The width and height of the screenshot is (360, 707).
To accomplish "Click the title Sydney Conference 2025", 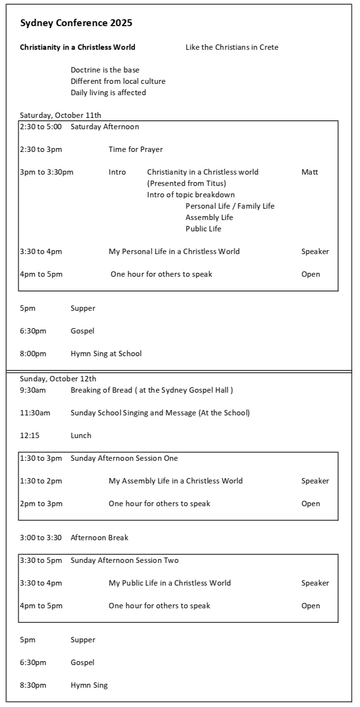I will tap(76, 23).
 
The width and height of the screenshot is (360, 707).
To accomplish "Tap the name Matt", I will tap(310, 172).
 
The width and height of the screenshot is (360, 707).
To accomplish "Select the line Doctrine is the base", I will tap(105, 70).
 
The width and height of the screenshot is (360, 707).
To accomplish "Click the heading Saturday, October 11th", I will tap(60, 115).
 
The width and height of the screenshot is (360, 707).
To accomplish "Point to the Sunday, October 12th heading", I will tap(58, 379).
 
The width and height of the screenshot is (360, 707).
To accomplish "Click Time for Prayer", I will tap(136, 149).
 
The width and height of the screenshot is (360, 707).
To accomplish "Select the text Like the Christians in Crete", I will tap(232, 47).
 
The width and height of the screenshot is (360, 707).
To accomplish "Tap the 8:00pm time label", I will tap(33, 354).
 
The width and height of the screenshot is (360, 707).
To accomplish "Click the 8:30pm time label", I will tap(33, 685).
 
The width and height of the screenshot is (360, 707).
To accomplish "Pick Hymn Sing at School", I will tap(106, 354).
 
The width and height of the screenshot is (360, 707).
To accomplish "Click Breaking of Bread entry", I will tap(151, 390).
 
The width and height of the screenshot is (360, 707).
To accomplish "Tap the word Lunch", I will tap(81, 436).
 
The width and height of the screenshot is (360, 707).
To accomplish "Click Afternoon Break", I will tap(99, 538).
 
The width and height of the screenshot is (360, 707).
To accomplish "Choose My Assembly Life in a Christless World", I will tap(176, 481).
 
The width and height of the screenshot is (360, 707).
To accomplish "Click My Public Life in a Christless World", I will tap(170, 583).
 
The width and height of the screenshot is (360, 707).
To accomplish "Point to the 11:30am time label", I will tap(35, 413).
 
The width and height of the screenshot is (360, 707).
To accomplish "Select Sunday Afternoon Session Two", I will tap(124, 560).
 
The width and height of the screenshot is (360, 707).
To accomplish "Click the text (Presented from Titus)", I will tap(186, 184).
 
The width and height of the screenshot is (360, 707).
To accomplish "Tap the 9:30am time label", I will tap(33, 390).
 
